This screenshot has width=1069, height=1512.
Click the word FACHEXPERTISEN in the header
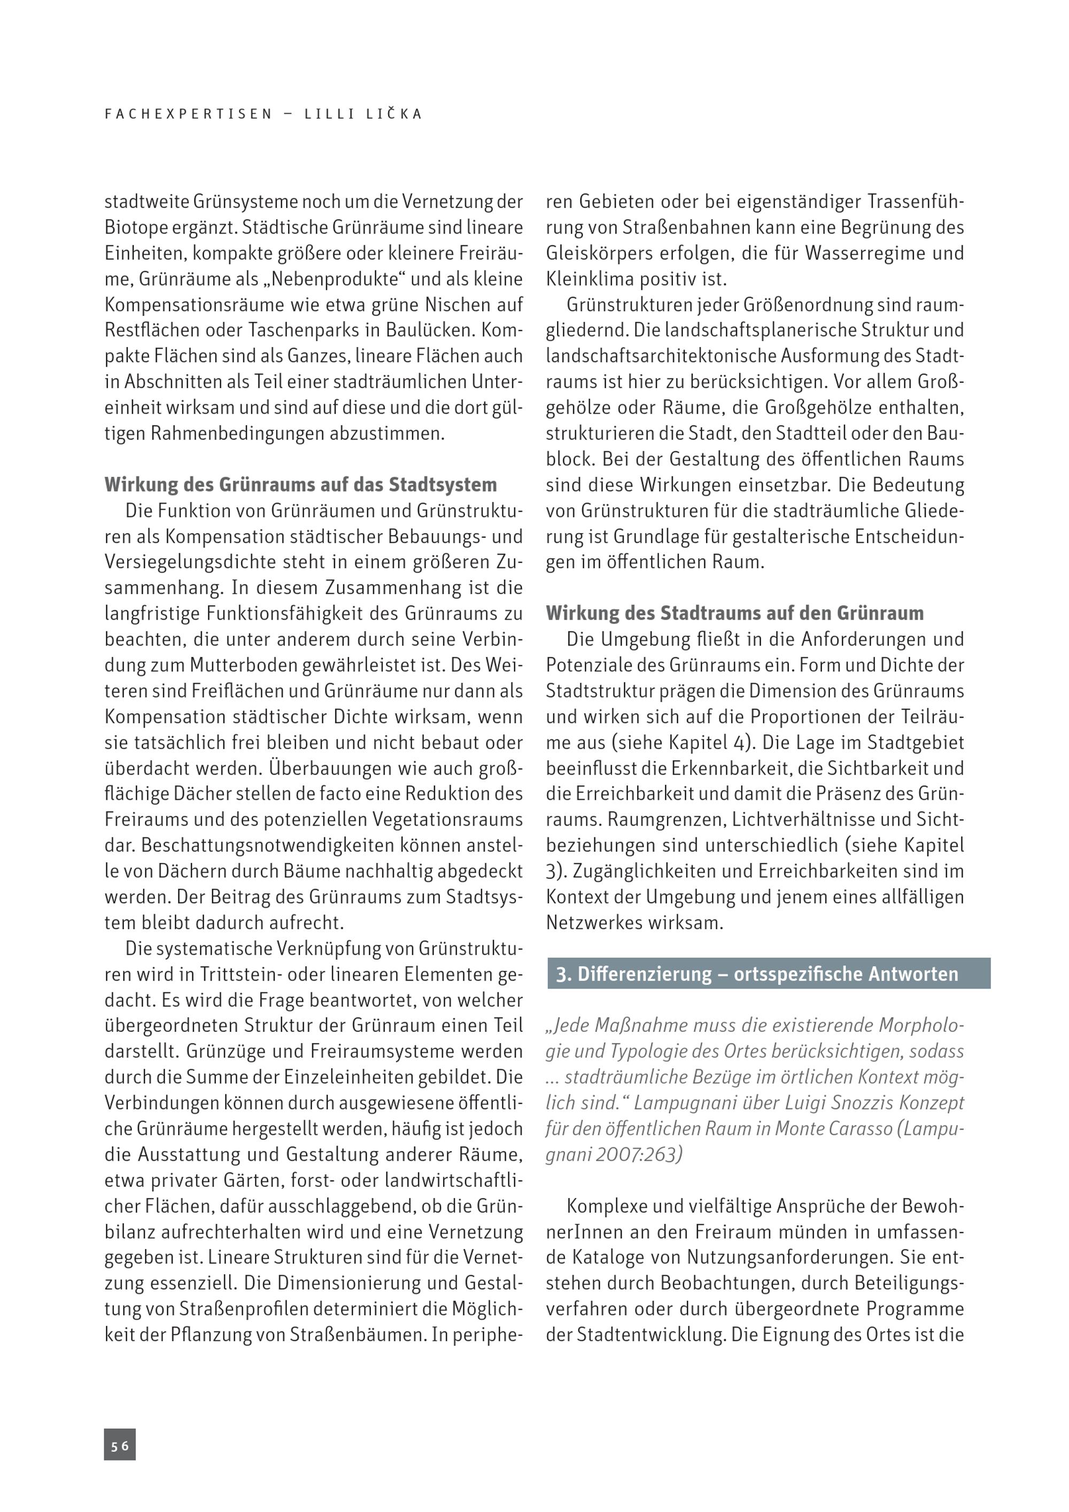point(188,114)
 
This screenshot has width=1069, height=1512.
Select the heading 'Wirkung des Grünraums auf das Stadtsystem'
point(301,485)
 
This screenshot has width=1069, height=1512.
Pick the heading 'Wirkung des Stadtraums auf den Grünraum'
point(734,614)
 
